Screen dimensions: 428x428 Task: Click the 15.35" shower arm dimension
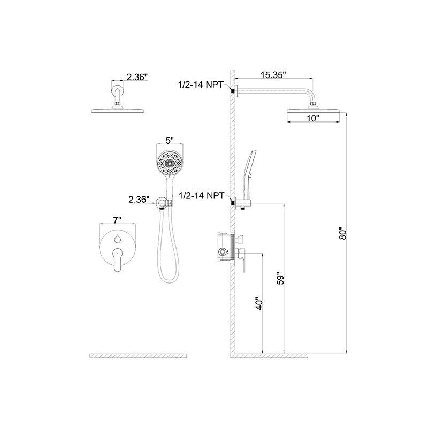coord(273,75)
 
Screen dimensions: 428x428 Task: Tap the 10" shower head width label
coord(313,118)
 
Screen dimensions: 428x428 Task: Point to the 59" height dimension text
coord(280,278)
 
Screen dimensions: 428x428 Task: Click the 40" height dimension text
coord(259,303)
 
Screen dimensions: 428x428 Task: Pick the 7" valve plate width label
coord(117,220)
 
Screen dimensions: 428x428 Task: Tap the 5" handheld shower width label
coord(170,141)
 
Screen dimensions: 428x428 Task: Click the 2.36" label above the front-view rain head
coord(137,77)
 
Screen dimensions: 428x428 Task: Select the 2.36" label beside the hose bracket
coord(139,200)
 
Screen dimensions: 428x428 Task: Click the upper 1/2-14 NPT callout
coord(201,85)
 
